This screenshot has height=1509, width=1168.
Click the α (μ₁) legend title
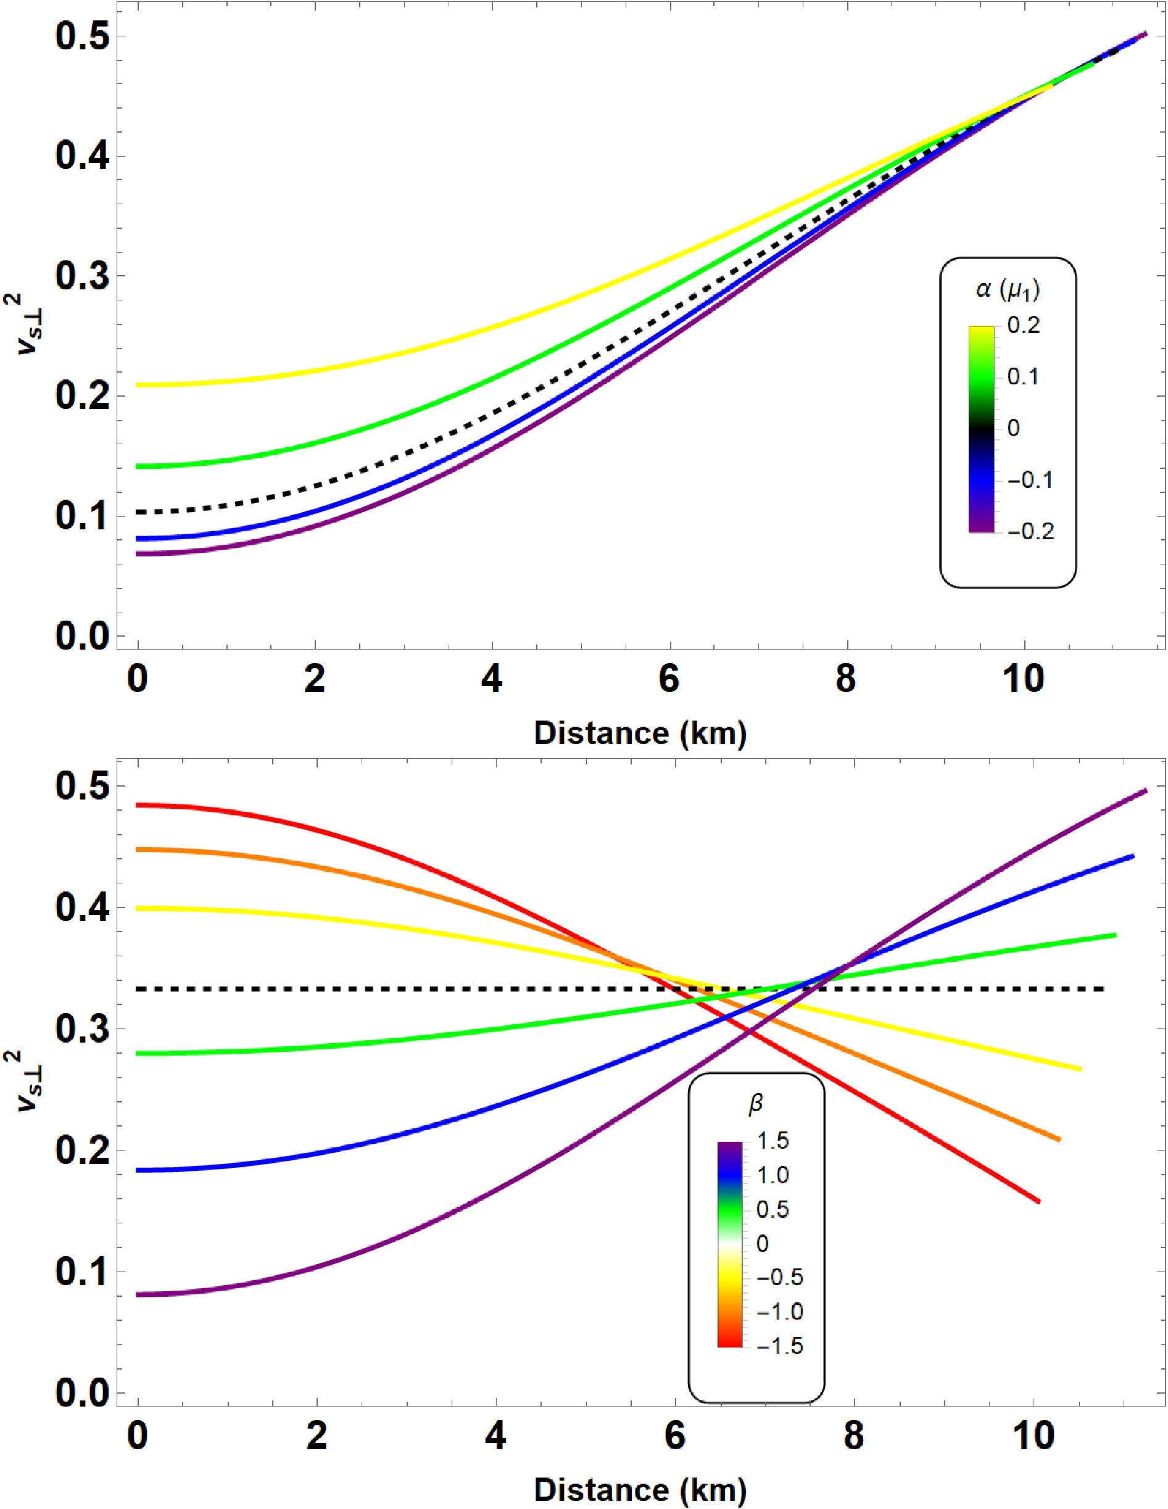[x=1008, y=290]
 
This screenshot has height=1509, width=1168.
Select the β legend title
[x=756, y=1104]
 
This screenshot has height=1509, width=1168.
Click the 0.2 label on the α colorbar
[x=1024, y=326]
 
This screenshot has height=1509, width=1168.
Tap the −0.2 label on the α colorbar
[x=1030, y=531]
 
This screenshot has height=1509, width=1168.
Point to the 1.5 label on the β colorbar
[x=772, y=1141]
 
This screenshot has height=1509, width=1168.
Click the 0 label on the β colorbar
[x=762, y=1244]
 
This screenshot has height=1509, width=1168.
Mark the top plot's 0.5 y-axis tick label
[x=82, y=36]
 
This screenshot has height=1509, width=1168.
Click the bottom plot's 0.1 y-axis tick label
[x=82, y=1271]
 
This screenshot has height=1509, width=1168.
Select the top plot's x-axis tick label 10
[x=1024, y=680]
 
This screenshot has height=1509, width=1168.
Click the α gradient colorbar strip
[x=982, y=428]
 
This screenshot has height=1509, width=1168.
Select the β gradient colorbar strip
[x=730, y=1244]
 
